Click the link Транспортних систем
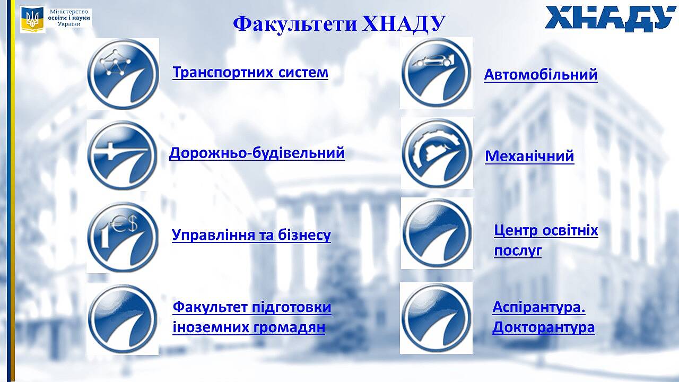pos(250,73)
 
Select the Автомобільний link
pos(541,75)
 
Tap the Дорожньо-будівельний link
pos(257,153)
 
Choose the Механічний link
pos(529,157)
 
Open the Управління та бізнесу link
pos(251,235)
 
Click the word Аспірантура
pos(538,307)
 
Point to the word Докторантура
pos(544,327)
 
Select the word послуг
pos(518,251)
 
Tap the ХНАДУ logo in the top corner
pos(611,18)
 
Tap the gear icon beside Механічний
pos(437,153)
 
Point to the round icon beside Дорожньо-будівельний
pos(122,155)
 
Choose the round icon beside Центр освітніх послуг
pos(437,233)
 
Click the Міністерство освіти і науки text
pos(69,18)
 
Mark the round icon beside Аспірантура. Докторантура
pos(436,318)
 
